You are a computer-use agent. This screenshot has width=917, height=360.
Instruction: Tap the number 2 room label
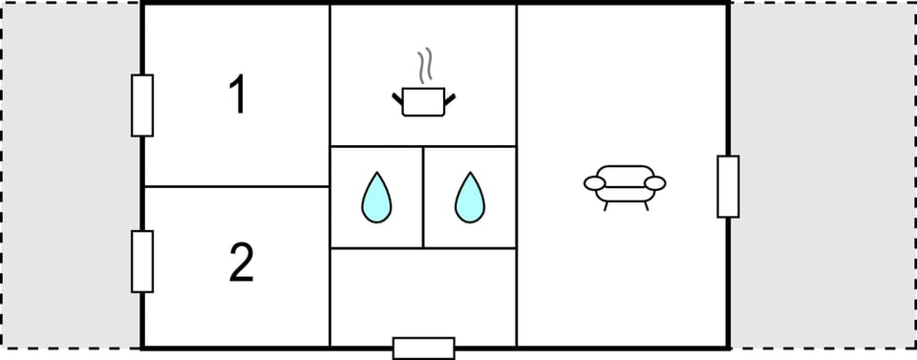(x=241, y=264)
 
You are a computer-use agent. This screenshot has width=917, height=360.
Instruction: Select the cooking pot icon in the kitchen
(x=423, y=100)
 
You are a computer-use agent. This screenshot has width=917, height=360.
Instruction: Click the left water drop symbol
(x=376, y=198)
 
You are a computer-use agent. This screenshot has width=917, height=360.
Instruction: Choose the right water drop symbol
(x=469, y=198)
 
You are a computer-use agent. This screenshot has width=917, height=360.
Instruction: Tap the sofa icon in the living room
(x=624, y=183)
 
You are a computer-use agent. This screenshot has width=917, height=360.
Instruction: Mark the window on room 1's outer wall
(x=142, y=105)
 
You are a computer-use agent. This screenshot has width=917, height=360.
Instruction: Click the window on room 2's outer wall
(x=142, y=261)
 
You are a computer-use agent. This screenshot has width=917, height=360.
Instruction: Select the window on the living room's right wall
(x=728, y=186)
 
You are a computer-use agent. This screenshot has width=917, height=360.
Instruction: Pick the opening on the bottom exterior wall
(x=423, y=349)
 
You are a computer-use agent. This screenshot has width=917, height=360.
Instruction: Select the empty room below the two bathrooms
(x=422, y=297)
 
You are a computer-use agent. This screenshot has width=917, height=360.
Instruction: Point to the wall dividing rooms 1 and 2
(x=236, y=186)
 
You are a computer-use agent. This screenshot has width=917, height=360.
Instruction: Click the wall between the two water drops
(x=423, y=197)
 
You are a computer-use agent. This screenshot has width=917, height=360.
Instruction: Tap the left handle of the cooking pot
(x=398, y=96)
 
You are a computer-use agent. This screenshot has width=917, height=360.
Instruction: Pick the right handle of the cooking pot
(x=449, y=96)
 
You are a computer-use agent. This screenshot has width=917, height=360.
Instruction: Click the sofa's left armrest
(x=593, y=181)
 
